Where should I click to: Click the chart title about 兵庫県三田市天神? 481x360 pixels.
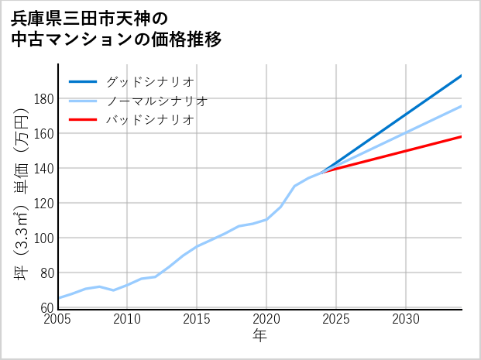(116, 29)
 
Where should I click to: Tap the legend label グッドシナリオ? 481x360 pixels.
(149, 81)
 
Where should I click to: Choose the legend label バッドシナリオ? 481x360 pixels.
(149, 120)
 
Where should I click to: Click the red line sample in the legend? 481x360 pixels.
(83, 120)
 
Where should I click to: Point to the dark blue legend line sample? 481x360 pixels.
(83, 81)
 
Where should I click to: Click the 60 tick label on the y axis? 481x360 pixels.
(46, 308)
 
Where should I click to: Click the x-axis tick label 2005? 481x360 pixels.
(58, 319)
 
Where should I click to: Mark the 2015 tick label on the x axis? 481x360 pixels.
(197, 319)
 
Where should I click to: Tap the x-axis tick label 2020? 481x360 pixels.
(266, 319)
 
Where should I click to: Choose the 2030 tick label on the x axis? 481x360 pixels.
(406, 319)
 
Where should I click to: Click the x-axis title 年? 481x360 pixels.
(260, 336)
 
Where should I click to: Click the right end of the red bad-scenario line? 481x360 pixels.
(461, 136)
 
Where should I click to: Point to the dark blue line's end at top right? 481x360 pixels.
(461, 76)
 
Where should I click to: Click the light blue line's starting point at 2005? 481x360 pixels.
(59, 298)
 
